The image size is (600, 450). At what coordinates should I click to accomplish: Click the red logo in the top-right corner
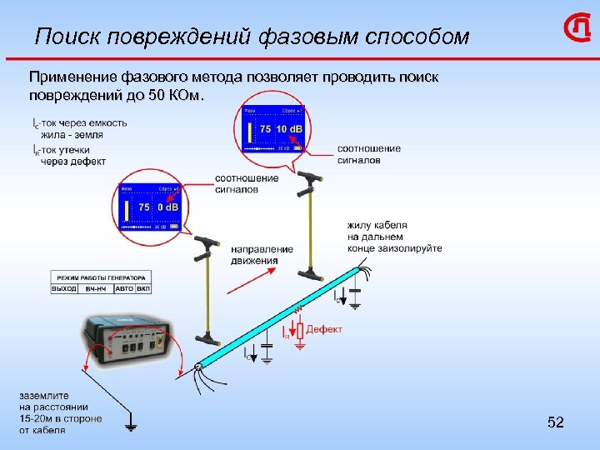(577, 31)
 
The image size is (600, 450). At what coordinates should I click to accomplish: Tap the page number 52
(556, 423)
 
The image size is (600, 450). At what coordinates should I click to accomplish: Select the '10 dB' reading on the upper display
(291, 129)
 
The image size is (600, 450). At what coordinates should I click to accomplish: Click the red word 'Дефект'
(324, 329)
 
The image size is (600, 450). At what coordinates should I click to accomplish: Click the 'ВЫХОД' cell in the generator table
(64, 288)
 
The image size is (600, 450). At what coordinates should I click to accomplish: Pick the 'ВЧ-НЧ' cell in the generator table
(95, 288)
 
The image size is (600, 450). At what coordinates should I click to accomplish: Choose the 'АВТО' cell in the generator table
(123, 288)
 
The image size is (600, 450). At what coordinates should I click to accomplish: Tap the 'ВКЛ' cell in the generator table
(143, 288)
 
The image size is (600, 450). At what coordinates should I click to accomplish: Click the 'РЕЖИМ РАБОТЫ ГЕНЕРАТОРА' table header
(101, 277)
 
